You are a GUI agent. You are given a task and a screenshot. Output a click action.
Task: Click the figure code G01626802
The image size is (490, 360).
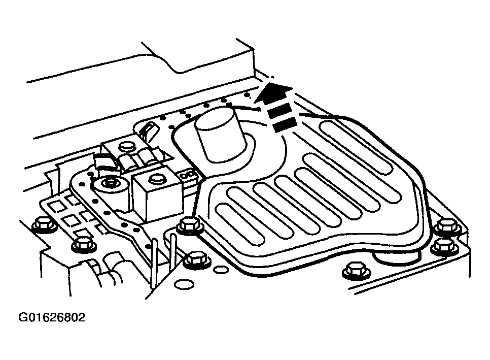(x=52, y=317)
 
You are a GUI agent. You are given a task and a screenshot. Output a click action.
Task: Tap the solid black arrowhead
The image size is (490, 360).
(x=272, y=92)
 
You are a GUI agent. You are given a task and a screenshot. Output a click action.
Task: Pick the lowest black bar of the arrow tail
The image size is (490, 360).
(x=285, y=124)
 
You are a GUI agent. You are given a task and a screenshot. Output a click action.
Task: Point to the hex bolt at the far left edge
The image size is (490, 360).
(x=43, y=224)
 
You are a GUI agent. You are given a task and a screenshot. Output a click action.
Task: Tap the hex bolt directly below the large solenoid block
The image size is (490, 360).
(x=190, y=225)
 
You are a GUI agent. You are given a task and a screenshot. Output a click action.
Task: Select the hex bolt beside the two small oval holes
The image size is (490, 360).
(x=197, y=260)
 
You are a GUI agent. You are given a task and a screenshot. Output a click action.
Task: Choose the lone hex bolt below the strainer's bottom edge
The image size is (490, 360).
(x=356, y=270)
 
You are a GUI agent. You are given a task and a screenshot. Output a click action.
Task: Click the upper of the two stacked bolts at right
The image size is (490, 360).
(x=448, y=226)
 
